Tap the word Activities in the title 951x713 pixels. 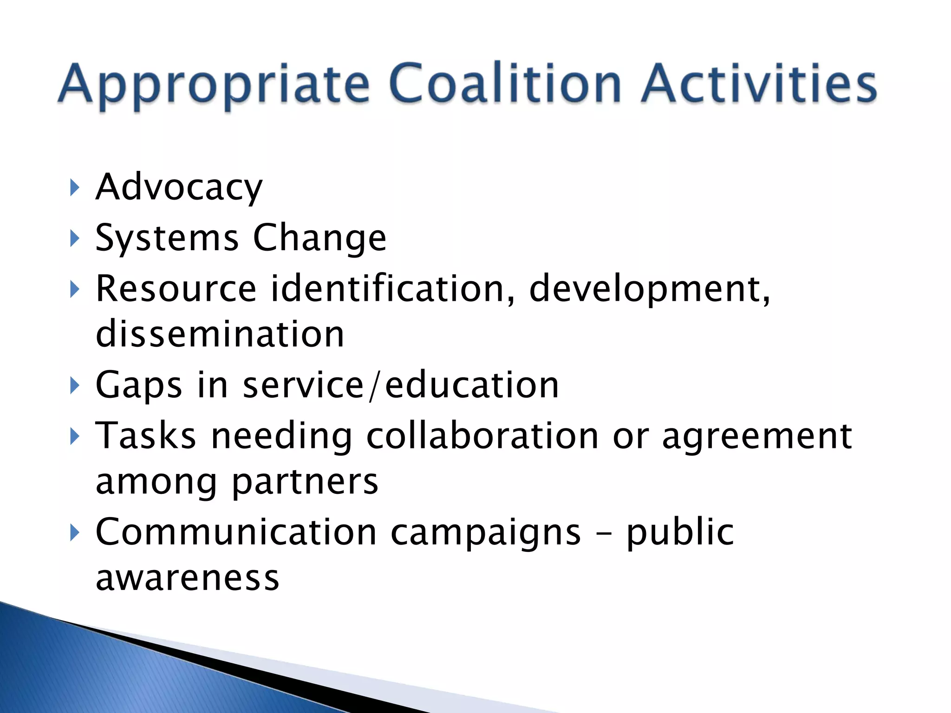[x=759, y=84]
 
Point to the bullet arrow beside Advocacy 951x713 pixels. [x=74, y=188]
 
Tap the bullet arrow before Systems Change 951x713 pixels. [x=74, y=239]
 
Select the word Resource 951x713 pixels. [x=176, y=289]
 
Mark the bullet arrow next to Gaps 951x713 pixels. [x=74, y=385]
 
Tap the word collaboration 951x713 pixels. [x=482, y=436]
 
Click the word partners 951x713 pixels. [x=305, y=483]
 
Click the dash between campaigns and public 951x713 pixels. [x=603, y=534]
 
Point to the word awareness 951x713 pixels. [x=188, y=578]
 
